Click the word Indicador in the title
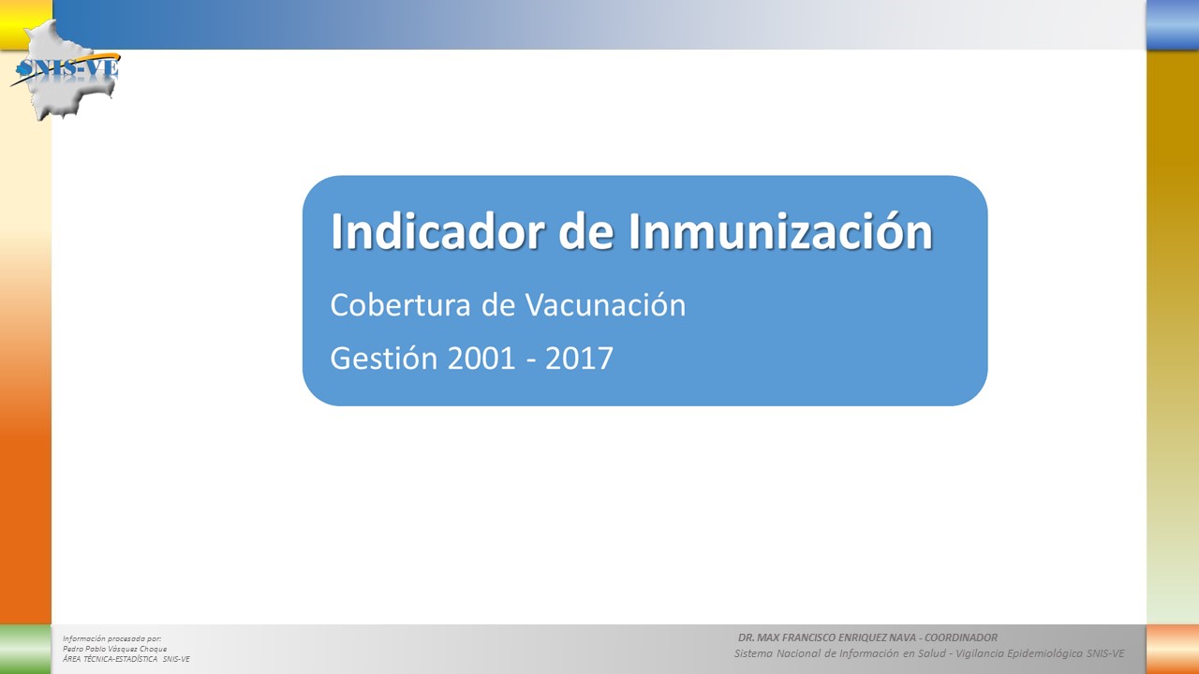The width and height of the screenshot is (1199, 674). [x=437, y=231]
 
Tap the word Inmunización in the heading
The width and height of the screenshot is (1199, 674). [x=781, y=231]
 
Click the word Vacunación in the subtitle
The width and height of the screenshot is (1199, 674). [x=605, y=305]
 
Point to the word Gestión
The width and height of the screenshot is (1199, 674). [x=384, y=358]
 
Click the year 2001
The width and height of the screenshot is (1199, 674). [x=481, y=359]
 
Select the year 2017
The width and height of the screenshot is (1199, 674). [x=579, y=359]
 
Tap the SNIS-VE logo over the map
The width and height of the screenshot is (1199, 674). [x=67, y=69]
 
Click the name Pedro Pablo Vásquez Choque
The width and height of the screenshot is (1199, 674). [x=114, y=649]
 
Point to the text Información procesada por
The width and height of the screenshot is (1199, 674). [x=111, y=638]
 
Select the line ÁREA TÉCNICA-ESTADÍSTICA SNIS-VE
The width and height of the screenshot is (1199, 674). [x=126, y=659]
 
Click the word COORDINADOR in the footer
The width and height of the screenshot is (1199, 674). [x=961, y=637]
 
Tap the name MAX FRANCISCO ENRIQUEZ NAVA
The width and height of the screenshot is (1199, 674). [x=837, y=637]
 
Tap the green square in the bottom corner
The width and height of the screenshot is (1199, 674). [x=25, y=650]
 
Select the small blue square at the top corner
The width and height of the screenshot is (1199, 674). [x=1173, y=24]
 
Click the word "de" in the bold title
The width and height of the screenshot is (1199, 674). [x=586, y=231]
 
